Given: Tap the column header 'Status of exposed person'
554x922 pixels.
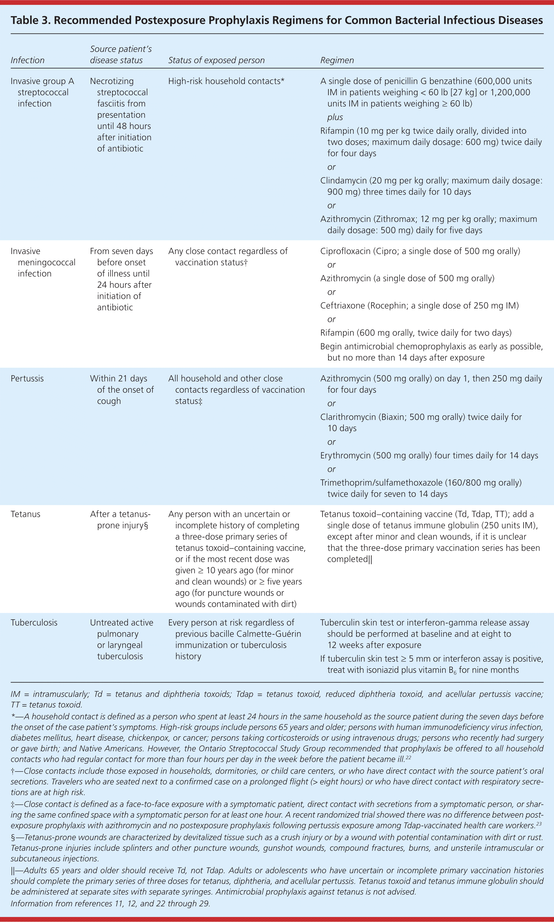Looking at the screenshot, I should (x=216, y=60).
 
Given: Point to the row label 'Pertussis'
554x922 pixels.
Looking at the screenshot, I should (x=27, y=378).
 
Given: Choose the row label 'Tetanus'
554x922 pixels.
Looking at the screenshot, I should (x=25, y=514).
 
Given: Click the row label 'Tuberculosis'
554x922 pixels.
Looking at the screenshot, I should (x=34, y=622).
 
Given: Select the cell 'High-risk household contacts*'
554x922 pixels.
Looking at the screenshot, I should (x=226, y=81).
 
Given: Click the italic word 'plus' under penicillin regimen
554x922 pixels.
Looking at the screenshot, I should (x=335, y=117).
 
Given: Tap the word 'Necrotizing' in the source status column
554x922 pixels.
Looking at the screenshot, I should (x=112, y=81).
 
